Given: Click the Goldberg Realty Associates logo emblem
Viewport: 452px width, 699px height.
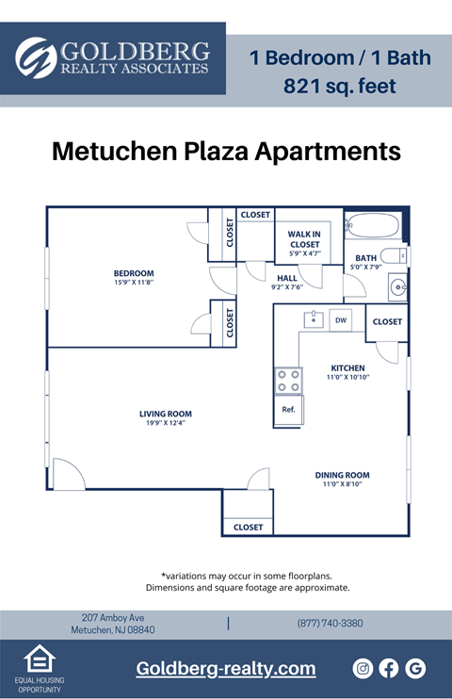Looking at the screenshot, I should (36, 57).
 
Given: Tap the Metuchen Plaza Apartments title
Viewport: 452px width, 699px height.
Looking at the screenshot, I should (226, 151).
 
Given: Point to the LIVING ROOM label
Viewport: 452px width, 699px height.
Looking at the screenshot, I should (165, 413).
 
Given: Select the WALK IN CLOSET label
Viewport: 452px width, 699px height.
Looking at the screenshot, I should (304, 239).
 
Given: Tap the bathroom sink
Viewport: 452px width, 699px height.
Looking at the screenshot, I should (398, 285).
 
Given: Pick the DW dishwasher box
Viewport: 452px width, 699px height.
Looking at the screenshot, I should (340, 320).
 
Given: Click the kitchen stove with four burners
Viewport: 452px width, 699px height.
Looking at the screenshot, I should (288, 381).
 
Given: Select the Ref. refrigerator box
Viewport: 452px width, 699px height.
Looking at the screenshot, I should (288, 410).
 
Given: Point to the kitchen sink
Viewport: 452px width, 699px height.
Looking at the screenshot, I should (313, 319).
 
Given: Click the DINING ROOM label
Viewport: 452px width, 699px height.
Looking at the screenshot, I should (342, 475).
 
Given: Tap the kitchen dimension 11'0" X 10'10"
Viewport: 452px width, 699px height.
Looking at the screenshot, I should (347, 377).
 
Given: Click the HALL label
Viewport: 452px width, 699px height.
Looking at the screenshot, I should (287, 279).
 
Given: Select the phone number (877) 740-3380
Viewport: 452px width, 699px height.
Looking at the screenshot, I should (330, 624).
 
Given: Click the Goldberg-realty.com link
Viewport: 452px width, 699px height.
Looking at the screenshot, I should (226, 669).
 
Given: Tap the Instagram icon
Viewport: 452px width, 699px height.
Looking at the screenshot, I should (363, 668).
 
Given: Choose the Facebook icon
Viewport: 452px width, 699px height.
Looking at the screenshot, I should (389, 668).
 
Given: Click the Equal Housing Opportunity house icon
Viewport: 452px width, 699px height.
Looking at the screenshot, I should (38, 658).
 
